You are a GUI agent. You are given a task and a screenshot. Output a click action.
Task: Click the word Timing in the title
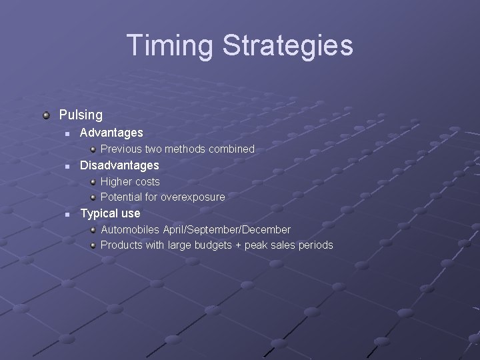170,45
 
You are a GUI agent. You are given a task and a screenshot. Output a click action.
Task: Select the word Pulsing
81,115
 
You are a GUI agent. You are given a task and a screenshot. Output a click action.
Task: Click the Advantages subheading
111,133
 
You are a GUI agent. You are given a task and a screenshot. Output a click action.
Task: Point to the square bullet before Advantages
67,133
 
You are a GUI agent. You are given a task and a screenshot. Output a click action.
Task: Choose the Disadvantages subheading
119,165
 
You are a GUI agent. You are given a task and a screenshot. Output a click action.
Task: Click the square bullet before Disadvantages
67,165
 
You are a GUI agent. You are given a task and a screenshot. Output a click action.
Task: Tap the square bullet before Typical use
67,214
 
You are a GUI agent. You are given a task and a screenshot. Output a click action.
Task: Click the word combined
232,149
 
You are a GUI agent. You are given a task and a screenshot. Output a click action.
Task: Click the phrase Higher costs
130,181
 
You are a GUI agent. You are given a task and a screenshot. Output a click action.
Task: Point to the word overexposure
192,197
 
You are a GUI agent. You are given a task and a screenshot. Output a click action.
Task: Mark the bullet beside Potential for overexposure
94,197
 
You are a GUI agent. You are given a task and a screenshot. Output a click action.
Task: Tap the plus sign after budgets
237,245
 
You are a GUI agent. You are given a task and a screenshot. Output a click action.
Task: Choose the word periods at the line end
315,245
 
